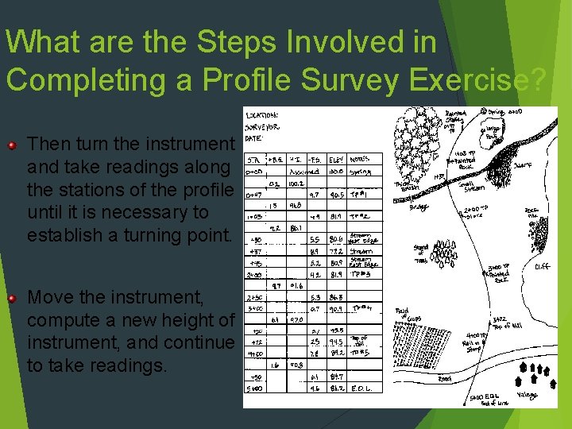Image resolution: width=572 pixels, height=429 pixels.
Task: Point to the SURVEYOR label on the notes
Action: [x=263, y=126]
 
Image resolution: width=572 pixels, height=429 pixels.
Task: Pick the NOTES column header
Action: [x=361, y=157]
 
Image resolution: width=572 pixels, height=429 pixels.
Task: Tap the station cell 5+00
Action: [x=254, y=389]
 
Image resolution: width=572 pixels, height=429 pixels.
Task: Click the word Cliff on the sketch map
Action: [x=543, y=267]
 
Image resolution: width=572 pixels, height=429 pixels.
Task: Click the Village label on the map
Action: [x=528, y=395]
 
